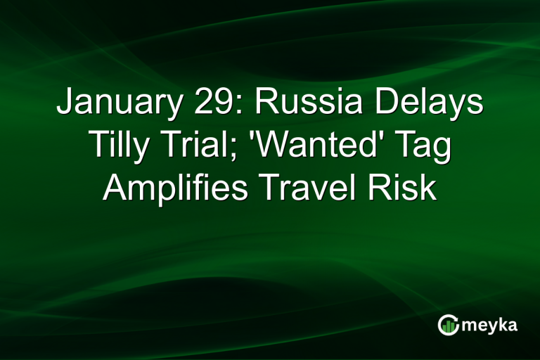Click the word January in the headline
[109, 103]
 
